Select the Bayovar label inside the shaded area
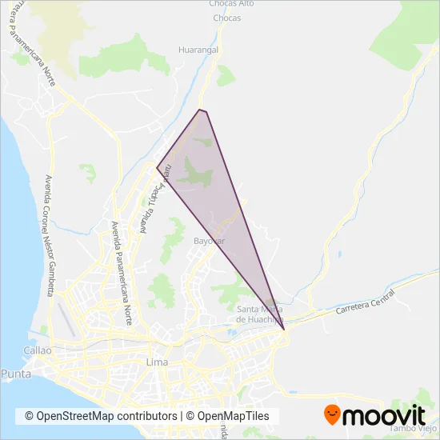tap(209, 240)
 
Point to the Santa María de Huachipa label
tap(260, 314)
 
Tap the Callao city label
tap(38, 350)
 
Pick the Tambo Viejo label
tap(412, 429)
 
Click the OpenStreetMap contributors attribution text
tap(101, 416)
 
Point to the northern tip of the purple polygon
tap(200, 110)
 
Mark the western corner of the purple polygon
tap(157, 168)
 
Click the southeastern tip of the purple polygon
tap(284, 329)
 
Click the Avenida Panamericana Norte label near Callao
tap(121, 272)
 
